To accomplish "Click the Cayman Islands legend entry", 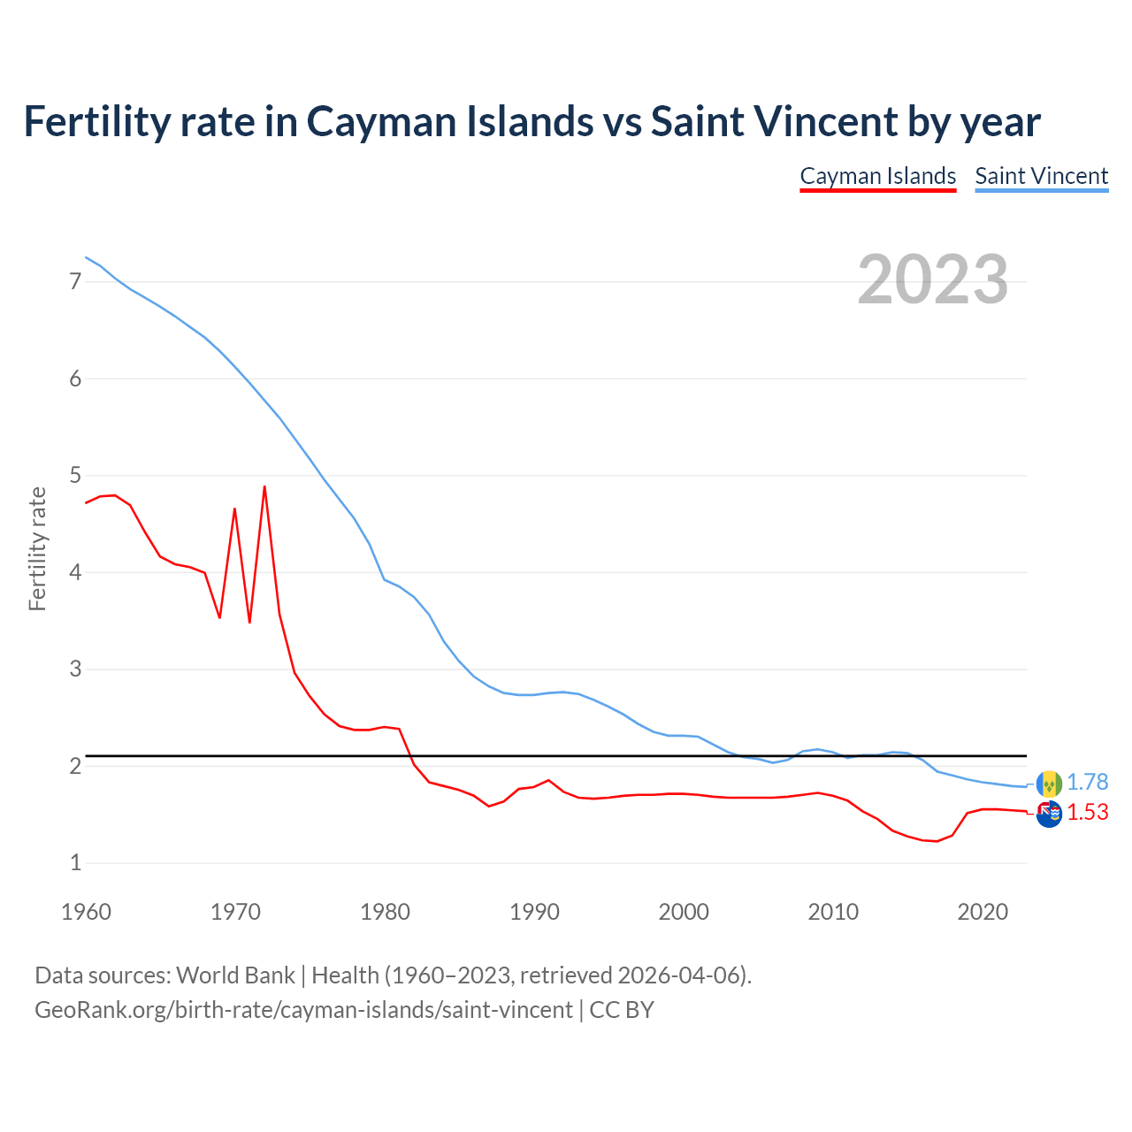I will click(877, 176).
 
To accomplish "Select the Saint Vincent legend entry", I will click(1041, 176).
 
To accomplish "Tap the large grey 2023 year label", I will click(932, 279).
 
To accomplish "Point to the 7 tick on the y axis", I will click(75, 282).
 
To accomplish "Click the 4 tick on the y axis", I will click(75, 572).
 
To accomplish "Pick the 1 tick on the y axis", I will click(75, 862).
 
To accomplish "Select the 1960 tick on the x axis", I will click(86, 912).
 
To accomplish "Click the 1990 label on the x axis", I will click(534, 912).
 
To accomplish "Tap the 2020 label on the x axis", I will click(983, 912).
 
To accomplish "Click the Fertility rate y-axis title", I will click(37, 548).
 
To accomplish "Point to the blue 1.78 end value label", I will click(1087, 783).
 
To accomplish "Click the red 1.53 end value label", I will click(1087, 812).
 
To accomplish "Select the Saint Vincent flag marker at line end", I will click(1049, 784).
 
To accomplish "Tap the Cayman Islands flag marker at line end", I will click(1049, 814).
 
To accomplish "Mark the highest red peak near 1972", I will click(264, 486).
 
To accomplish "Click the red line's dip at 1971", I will click(250, 622).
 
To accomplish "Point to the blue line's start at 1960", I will click(86, 257).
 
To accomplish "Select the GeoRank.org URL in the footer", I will click(303, 1010).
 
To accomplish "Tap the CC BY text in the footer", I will click(622, 1010).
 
